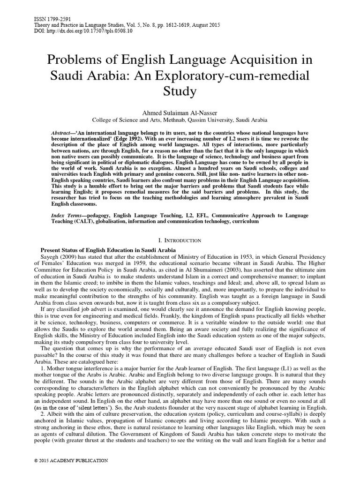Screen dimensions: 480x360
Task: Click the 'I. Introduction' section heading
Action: [x=180, y=240]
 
